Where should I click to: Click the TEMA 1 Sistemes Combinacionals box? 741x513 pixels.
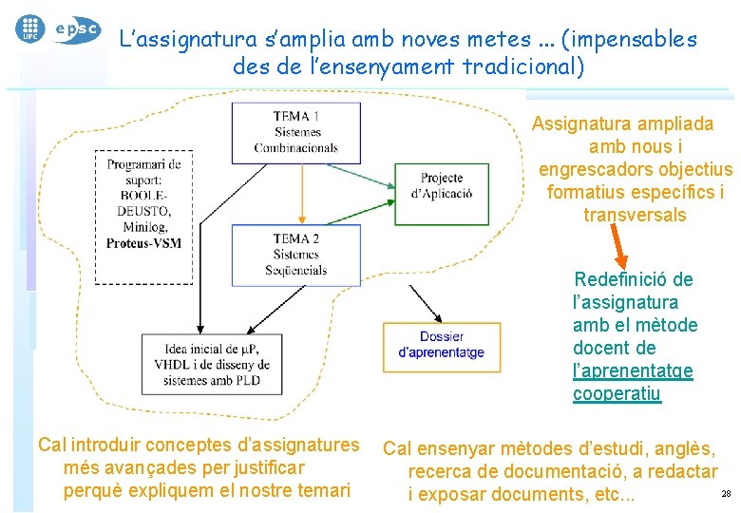(295, 132)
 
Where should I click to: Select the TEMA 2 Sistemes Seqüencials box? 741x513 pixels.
(295, 255)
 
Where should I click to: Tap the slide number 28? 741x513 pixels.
(727, 494)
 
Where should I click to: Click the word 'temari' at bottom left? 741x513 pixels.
(323, 491)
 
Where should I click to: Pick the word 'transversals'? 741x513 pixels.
(635, 215)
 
